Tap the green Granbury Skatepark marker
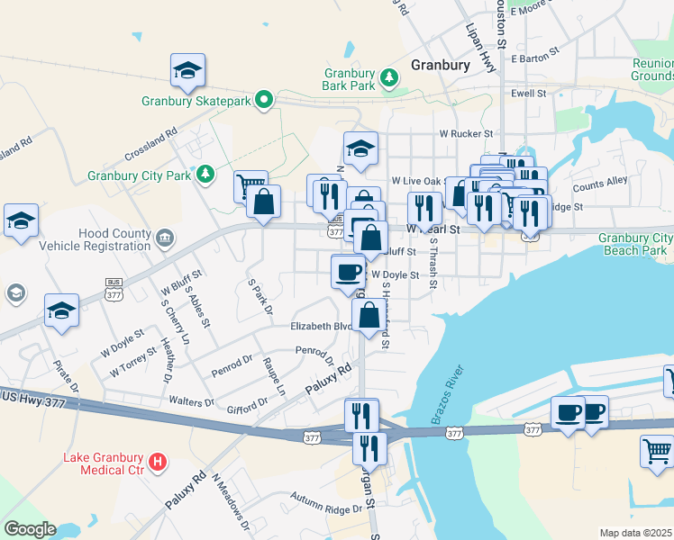point(264,100)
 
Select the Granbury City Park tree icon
point(206,173)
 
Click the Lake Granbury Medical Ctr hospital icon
point(159,463)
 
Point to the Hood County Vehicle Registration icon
point(164,238)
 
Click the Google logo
point(29,529)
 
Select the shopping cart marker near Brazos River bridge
point(657,451)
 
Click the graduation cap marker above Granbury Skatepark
point(187,71)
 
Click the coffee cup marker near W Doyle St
point(348,272)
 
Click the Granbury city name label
point(440,66)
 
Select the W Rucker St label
point(466,133)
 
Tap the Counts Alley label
point(599,184)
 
